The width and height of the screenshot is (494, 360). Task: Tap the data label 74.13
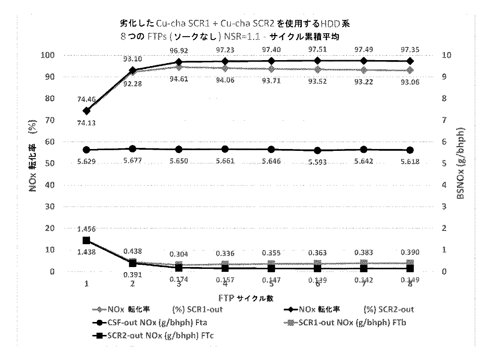pyautogui.click(x=86, y=123)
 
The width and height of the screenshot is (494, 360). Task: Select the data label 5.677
pyautogui.click(x=132, y=161)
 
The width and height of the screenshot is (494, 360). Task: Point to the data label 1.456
pyautogui.click(x=86, y=229)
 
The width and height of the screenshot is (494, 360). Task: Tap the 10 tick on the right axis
pyautogui.click(x=446, y=55)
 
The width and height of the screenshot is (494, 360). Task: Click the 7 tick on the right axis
pyautogui.click(x=444, y=120)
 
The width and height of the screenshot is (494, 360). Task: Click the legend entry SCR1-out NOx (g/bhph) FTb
pyautogui.click(x=346, y=323)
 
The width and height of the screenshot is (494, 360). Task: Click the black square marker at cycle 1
pyautogui.click(x=86, y=240)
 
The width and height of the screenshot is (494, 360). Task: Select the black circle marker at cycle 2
pyautogui.click(x=132, y=149)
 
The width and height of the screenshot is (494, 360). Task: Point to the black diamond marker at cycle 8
pyautogui.click(x=410, y=61)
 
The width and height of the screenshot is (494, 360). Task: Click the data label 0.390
pyautogui.click(x=410, y=252)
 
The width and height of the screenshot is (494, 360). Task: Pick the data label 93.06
pyautogui.click(x=410, y=82)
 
